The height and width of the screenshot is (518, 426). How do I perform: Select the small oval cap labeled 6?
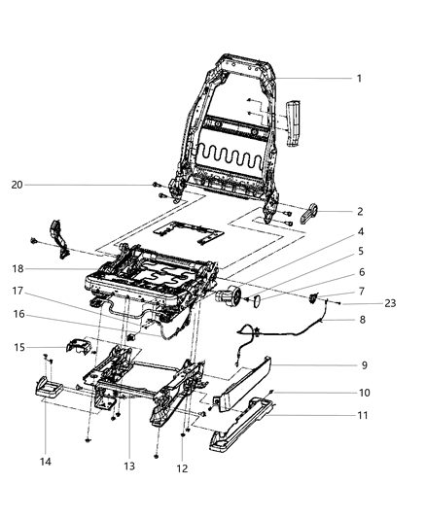[258, 302]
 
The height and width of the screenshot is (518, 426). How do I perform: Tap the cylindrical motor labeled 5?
[230, 296]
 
